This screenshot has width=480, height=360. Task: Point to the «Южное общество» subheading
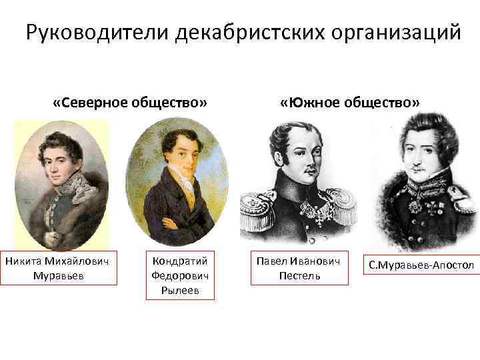click(x=350, y=103)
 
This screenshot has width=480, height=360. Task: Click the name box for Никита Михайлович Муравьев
click(x=59, y=267)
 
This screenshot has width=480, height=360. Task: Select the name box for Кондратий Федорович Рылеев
click(x=180, y=275)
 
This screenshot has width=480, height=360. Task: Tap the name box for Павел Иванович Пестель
click(x=299, y=267)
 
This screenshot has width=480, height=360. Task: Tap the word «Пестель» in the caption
click(x=299, y=275)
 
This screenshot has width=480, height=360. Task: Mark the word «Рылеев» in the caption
click(x=180, y=290)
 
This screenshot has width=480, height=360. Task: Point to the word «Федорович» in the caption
click(x=180, y=275)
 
